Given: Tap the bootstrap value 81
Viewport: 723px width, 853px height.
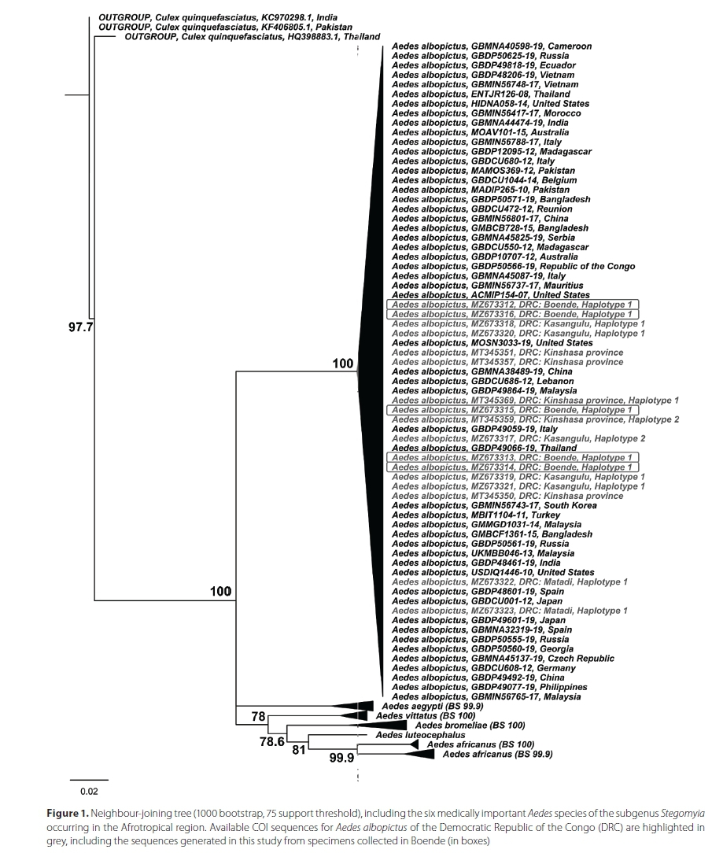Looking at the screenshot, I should [299, 750].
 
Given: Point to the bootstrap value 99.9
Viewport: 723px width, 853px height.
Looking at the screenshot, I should [341, 759].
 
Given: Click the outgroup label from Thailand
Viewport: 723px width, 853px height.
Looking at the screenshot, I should [253, 36].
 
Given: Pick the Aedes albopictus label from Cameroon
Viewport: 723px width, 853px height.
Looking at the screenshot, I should [491, 46].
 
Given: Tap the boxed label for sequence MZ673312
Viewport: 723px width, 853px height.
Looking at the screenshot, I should [512, 305].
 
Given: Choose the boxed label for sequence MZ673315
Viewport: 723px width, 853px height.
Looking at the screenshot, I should [512, 410].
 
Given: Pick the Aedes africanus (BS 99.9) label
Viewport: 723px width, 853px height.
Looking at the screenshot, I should [497, 754].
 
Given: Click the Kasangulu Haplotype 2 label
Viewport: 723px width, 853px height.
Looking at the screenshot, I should [518, 438].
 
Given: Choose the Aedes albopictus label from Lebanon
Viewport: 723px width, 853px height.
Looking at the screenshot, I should [482, 381].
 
